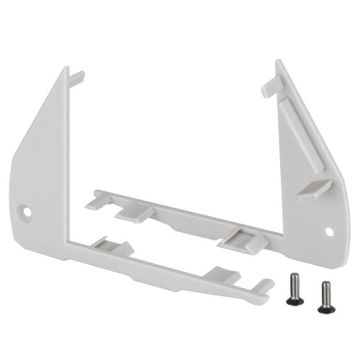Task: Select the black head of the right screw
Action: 325,286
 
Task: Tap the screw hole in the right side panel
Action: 330,231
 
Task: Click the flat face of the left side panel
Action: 47,166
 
